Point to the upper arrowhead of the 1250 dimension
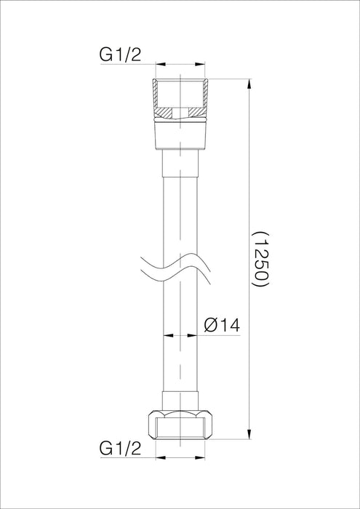coord(250,80)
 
